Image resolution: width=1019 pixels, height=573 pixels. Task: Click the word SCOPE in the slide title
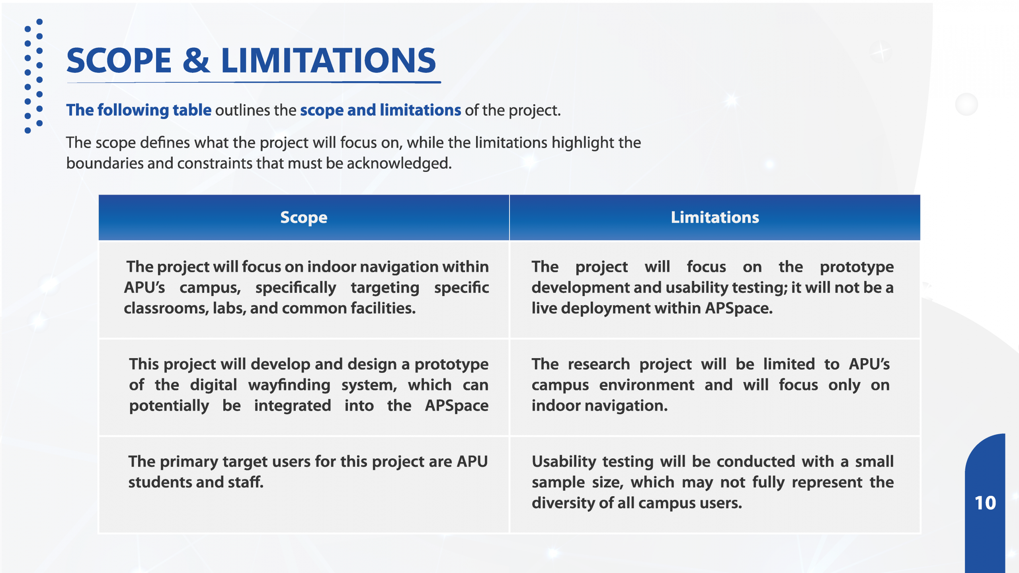[119, 60]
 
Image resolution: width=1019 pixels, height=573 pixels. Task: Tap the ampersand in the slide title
[196, 60]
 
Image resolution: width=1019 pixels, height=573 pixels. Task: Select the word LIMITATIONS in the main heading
[328, 60]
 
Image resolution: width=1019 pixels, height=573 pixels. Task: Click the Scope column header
[304, 218]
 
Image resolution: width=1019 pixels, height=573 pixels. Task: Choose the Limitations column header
[715, 217]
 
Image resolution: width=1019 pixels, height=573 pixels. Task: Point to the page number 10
[985, 503]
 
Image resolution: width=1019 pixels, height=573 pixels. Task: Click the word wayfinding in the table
[289, 385]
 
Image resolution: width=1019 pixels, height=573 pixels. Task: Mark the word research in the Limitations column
[599, 364]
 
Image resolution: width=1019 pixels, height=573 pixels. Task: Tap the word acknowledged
[399, 164]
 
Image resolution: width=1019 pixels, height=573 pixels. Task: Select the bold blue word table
[192, 110]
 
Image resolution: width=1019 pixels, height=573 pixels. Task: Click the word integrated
[293, 406]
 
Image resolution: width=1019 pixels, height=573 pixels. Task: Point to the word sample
[558, 483]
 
